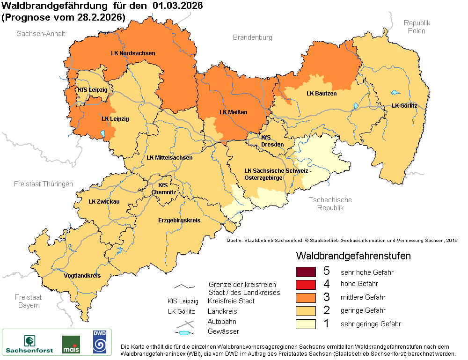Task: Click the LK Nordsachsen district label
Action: [133, 53]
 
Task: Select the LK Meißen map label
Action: [233, 112]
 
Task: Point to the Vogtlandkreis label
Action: [82, 276]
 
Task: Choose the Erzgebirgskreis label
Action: [179, 220]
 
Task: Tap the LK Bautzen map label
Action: [322, 94]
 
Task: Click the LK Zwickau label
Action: [104, 202]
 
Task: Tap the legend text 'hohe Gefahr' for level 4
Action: [359, 284]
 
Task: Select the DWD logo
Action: [99, 341]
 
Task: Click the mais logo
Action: [71, 344]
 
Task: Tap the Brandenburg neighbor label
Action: [252, 37]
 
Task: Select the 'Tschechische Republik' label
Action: [330, 204]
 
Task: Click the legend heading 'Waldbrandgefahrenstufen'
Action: [353, 256]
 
